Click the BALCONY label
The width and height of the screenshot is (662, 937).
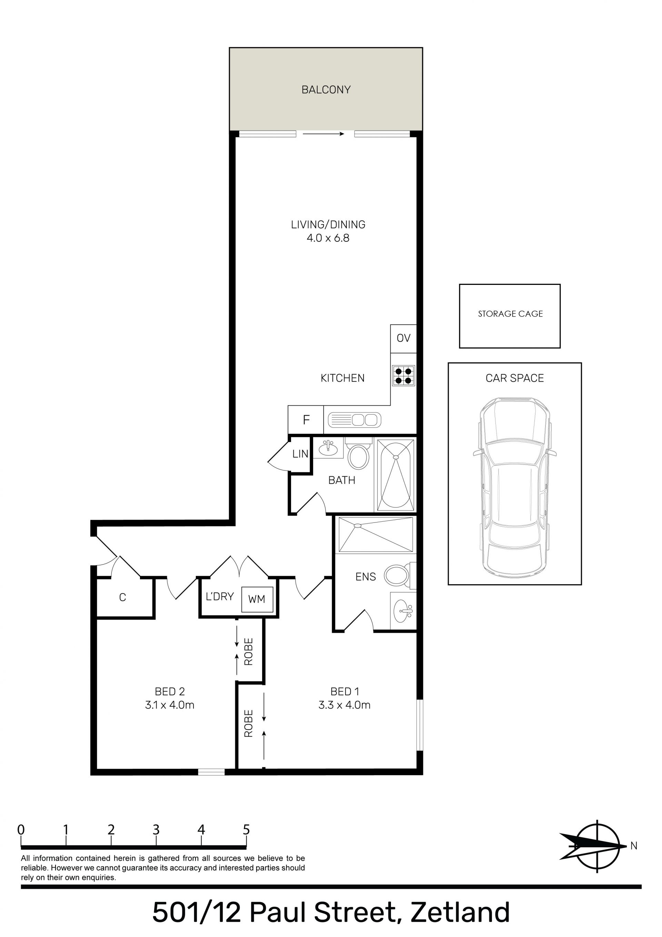click(x=326, y=89)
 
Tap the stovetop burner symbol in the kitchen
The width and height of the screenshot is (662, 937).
click(x=404, y=376)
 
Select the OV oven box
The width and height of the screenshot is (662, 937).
click(x=403, y=338)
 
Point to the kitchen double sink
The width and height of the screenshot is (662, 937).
click(x=354, y=420)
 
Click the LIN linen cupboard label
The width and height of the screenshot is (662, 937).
click(x=300, y=454)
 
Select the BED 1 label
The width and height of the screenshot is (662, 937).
click(x=345, y=691)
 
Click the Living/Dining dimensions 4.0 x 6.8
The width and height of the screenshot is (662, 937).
click(x=328, y=238)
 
